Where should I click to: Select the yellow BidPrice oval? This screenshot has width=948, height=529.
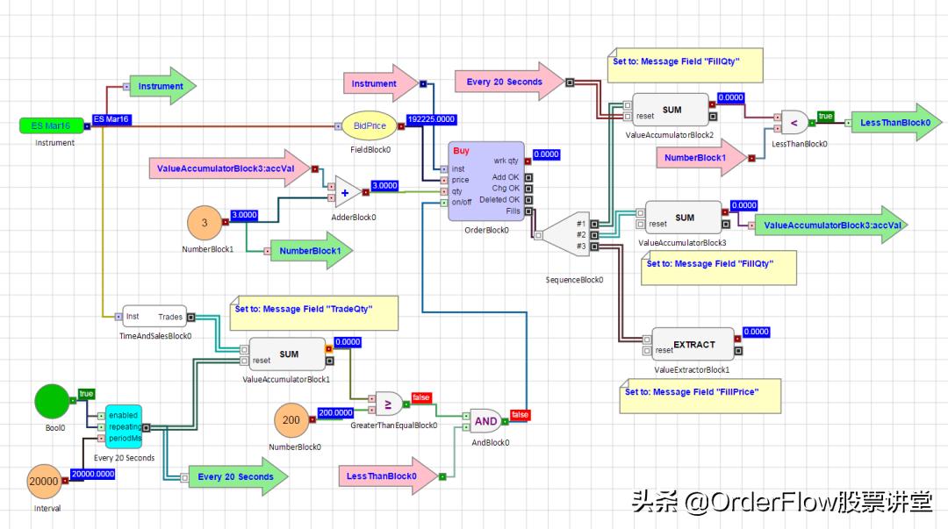[x=370, y=126]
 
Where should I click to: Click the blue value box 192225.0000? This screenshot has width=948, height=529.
[x=430, y=119]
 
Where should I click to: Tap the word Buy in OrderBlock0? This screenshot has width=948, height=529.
[x=461, y=151]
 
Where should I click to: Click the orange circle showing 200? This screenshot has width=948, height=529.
[x=291, y=420]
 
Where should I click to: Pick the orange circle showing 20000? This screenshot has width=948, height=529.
[x=44, y=482]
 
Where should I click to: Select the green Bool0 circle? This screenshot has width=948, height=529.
[x=56, y=401]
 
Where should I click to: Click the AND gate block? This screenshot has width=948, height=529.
[x=486, y=421]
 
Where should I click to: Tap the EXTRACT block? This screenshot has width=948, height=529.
[x=693, y=345]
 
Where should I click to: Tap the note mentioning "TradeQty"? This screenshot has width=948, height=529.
[x=313, y=313]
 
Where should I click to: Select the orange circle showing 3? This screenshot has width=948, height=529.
[x=205, y=223]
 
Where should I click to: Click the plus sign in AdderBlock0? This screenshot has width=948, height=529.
[x=345, y=192]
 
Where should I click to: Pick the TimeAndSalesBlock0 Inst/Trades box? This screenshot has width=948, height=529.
[x=154, y=317]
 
